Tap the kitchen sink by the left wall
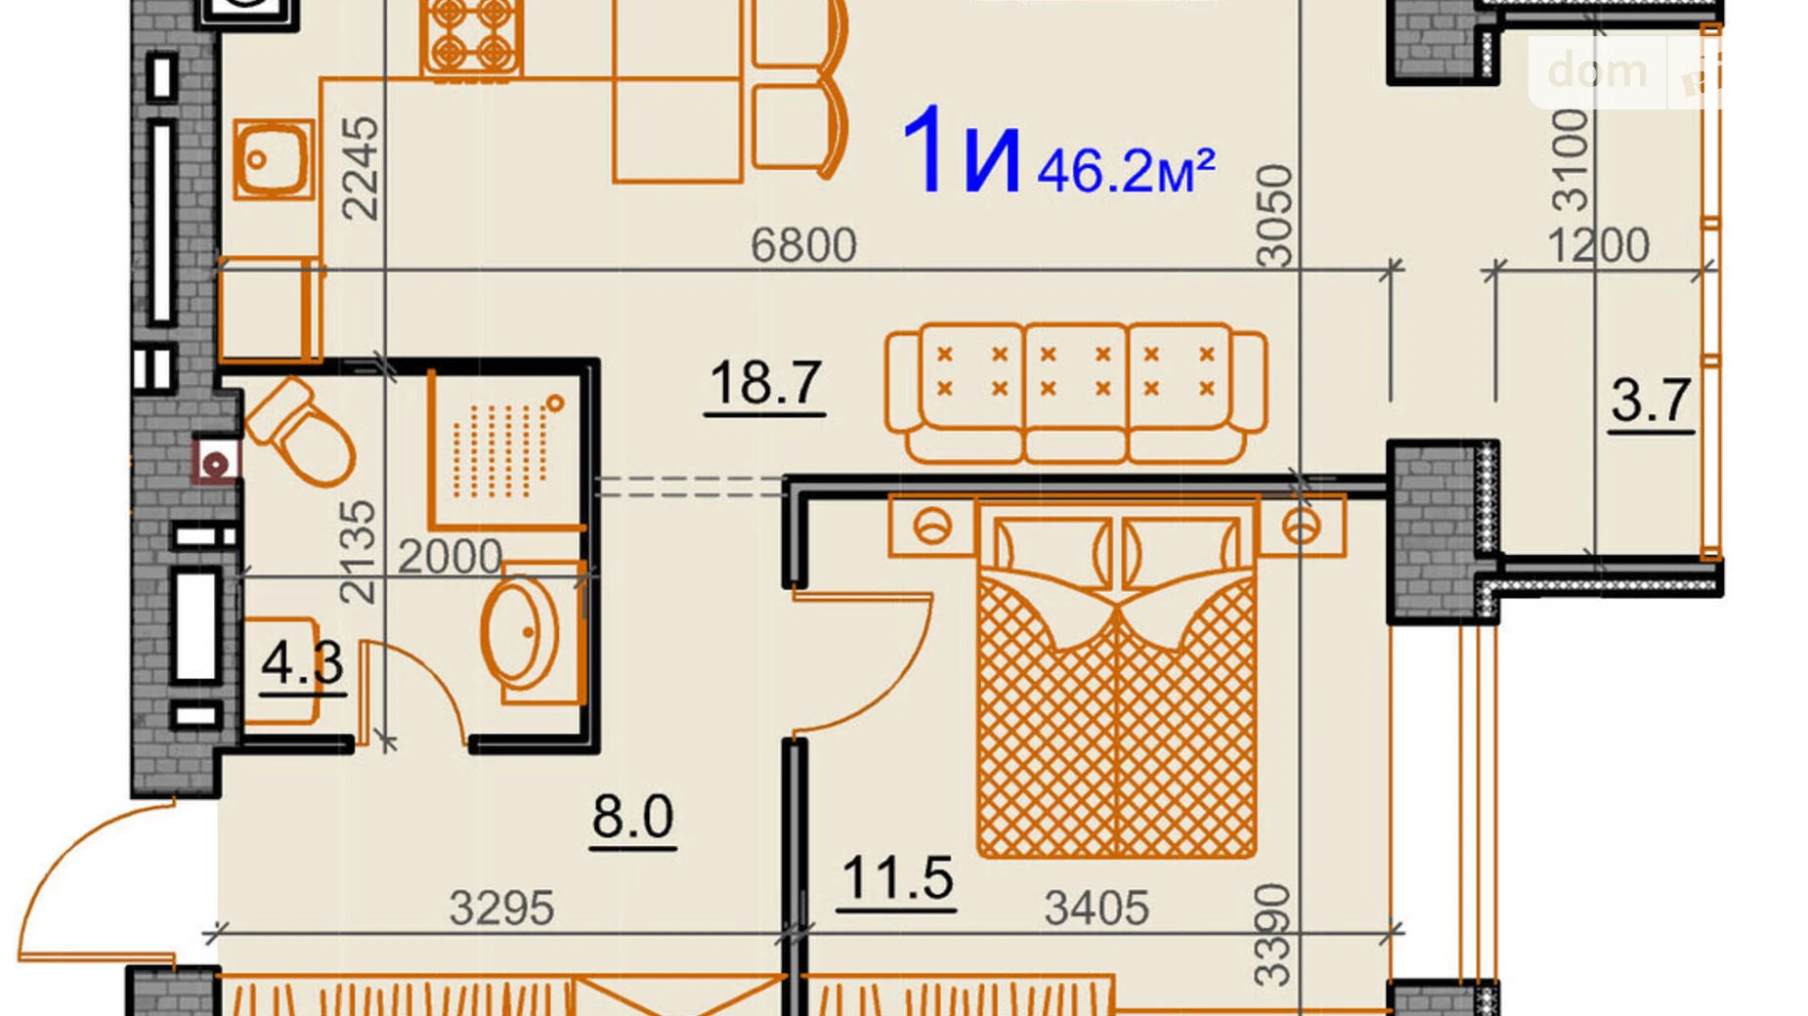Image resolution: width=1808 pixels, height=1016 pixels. coord(274,159)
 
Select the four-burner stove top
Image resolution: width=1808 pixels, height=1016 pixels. coord(471,37)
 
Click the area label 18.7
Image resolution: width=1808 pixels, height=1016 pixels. coord(765,382)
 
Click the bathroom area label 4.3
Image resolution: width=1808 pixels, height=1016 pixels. coord(302,662)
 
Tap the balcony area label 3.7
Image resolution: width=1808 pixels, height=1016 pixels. coord(1651,400)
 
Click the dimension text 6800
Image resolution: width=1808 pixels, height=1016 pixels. coord(803,244)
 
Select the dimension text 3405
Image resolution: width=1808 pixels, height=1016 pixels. coord(1097,909)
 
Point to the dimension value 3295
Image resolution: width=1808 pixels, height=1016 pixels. coord(501,909)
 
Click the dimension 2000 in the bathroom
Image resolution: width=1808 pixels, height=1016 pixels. coord(450,557)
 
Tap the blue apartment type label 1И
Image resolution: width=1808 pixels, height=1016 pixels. coord(961,149)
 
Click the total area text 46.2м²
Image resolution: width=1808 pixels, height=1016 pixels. coord(1126,170)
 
